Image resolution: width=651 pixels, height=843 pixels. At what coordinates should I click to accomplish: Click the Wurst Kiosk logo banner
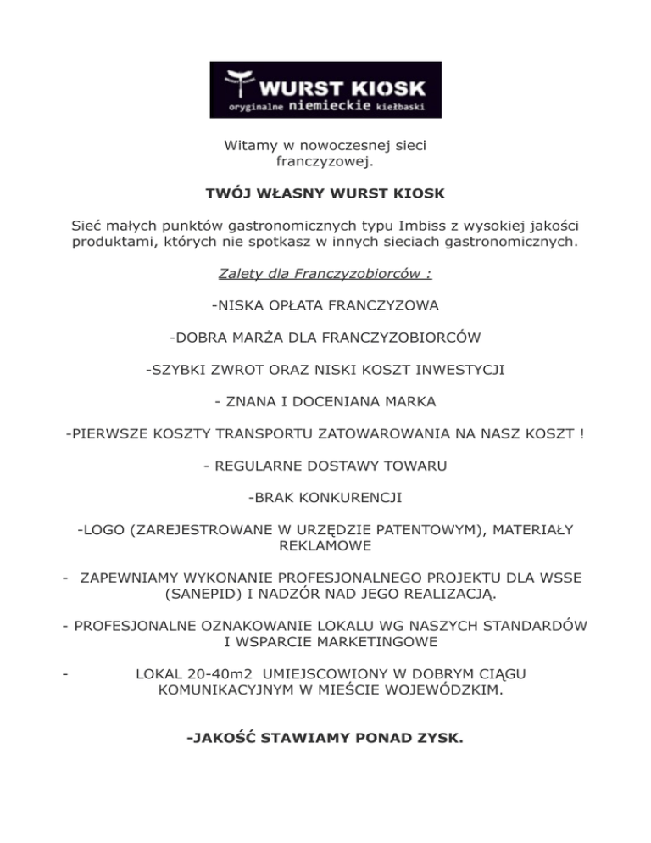point(325,89)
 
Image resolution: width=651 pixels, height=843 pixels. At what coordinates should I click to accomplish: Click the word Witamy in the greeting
point(248,146)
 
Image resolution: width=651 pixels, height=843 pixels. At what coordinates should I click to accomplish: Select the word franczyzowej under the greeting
point(325,160)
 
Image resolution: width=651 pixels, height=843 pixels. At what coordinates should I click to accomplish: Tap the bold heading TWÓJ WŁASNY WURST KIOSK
point(325,194)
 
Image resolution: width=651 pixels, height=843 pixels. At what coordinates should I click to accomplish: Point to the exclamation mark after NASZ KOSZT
point(582,434)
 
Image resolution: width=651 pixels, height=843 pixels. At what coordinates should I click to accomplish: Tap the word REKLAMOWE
point(325,545)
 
